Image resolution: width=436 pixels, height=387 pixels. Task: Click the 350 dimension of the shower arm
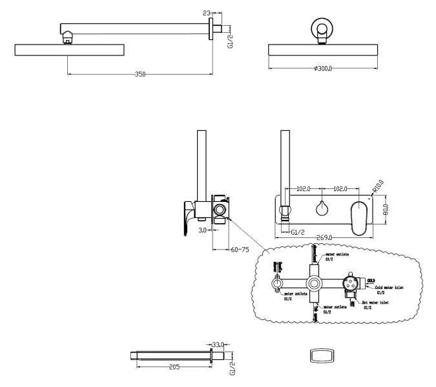point(140,74)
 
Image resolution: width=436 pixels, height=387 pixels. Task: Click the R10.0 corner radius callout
point(378,186)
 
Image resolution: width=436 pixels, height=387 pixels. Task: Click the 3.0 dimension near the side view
point(202,229)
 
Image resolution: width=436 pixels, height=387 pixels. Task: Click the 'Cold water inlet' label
point(389,288)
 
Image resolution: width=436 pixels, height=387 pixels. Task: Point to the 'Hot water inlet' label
point(375,302)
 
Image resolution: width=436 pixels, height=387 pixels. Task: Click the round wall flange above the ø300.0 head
point(322,28)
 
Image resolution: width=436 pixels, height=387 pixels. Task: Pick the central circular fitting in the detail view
point(315,282)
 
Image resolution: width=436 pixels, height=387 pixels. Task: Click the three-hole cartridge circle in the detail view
point(351,281)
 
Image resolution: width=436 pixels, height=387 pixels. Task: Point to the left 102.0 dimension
point(302,189)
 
